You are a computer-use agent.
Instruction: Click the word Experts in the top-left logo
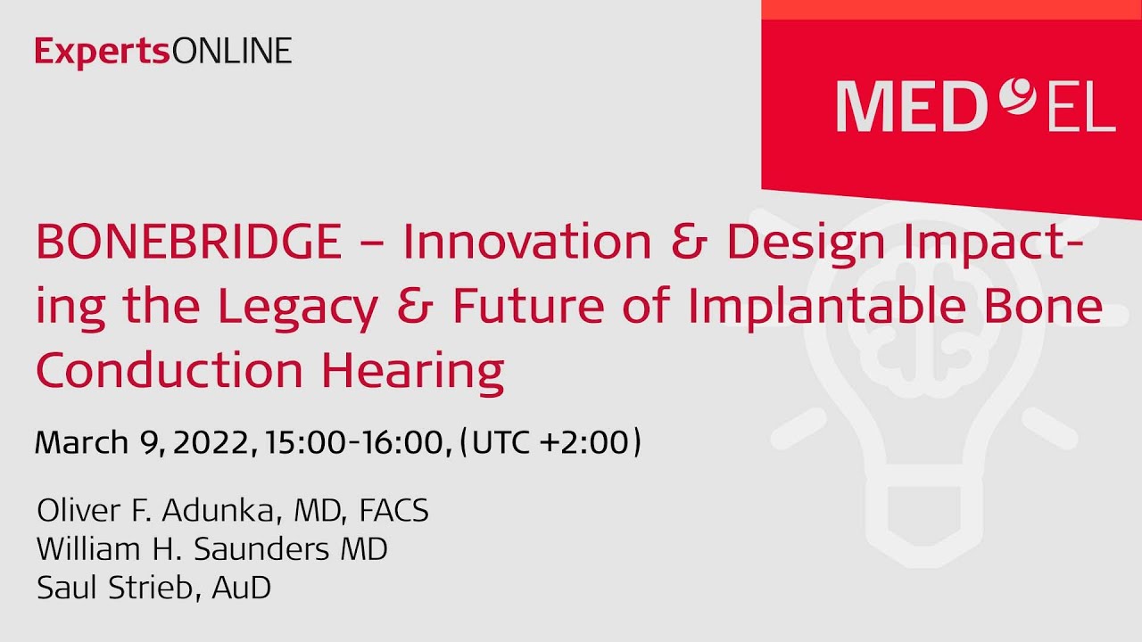pos(103,52)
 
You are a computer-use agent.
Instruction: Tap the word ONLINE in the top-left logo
pos(231,52)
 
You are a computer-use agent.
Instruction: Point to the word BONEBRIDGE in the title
pos(188,243)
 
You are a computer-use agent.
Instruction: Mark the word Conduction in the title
pos(170,371)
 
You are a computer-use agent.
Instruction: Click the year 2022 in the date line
pos(212,442)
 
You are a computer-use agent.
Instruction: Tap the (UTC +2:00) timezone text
pos(550,442)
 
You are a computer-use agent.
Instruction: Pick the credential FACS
pos(393,511)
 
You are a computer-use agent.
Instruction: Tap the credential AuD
pos(242,588)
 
